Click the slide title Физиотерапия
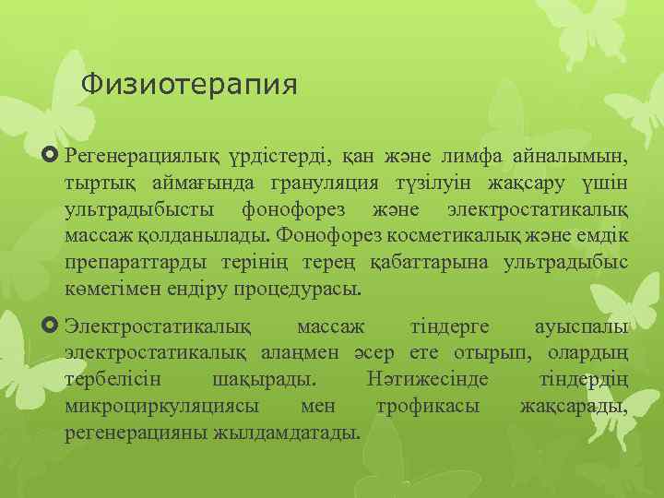(x=189, y=86)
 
